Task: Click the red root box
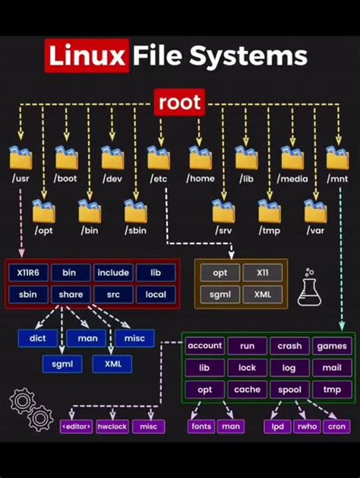180,103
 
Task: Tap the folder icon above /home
201,158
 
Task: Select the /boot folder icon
67,158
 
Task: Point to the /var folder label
315,230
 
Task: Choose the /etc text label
159,179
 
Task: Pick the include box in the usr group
112,273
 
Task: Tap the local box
156,294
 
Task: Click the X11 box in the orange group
262,273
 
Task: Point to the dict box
37,338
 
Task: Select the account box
204,346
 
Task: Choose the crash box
289,346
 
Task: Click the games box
332,346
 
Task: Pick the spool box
289,390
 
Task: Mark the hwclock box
112,426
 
